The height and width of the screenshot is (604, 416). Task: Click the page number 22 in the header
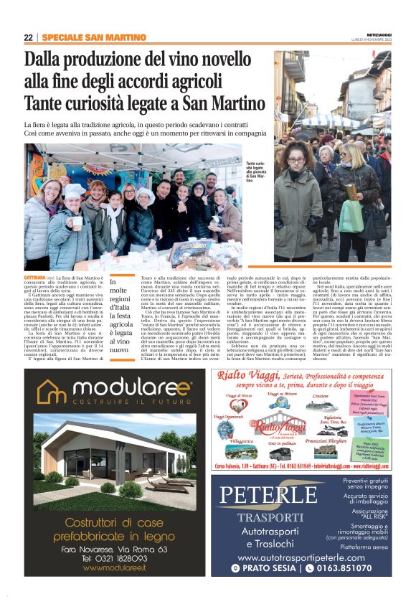click(x=28, y=37)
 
